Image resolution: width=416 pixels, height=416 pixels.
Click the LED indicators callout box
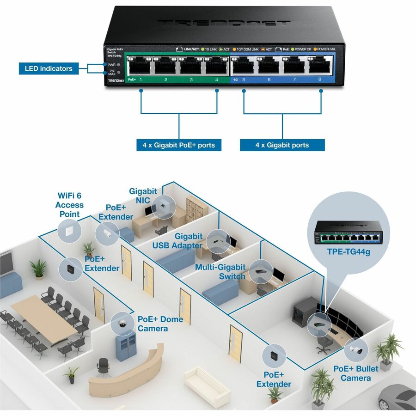click(x=49, y=68)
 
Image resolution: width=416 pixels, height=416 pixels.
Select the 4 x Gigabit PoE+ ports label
click(x=179, y=145)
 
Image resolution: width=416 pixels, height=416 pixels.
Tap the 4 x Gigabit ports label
click(x=282, y=145)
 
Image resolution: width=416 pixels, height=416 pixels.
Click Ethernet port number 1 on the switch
click(x=141, y=68)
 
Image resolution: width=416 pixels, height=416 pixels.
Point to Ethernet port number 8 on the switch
click(x=320, y=68)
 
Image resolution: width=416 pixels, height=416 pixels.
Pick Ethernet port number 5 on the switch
click(x=243, y=68)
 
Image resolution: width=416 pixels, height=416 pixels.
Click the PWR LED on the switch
click(x=119, y=65)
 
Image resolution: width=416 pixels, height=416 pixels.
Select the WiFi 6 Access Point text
click(x=69, y=205)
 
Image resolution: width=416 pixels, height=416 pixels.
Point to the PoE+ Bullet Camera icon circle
click(x=356, y=350)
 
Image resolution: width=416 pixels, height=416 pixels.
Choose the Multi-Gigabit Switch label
click(x=220, y=272)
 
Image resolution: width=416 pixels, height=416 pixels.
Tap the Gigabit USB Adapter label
click(x=178, y=241)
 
